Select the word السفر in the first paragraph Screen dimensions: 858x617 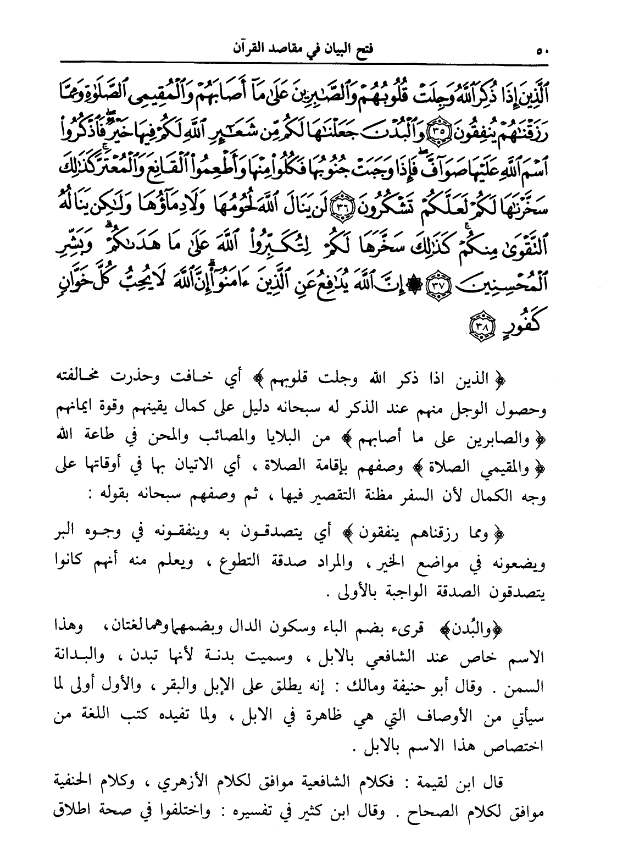(x=392, y=495)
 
